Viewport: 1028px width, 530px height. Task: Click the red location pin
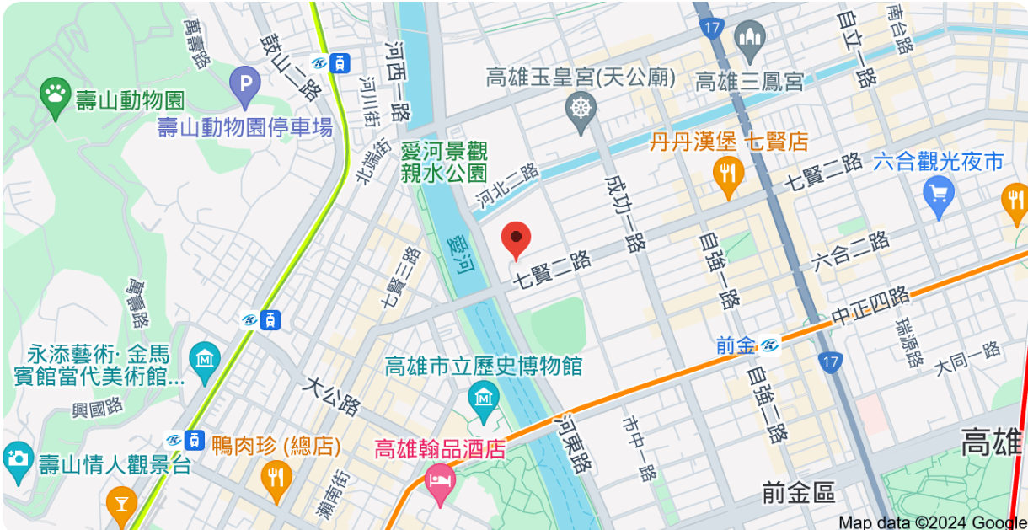516,238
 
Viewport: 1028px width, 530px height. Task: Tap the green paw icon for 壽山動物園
56,99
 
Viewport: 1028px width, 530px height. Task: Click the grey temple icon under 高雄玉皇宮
581,110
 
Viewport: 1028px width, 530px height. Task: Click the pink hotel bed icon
441,484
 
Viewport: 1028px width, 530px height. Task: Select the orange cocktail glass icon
122,505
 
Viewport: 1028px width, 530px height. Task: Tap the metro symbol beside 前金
769,345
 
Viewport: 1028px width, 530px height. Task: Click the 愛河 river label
462,255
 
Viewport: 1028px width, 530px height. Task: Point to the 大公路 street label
330,397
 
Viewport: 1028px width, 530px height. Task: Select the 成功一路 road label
624,214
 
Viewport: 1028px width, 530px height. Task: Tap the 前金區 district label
797,493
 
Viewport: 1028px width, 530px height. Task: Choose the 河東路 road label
573,442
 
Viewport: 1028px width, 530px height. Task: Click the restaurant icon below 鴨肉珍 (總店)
276,476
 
